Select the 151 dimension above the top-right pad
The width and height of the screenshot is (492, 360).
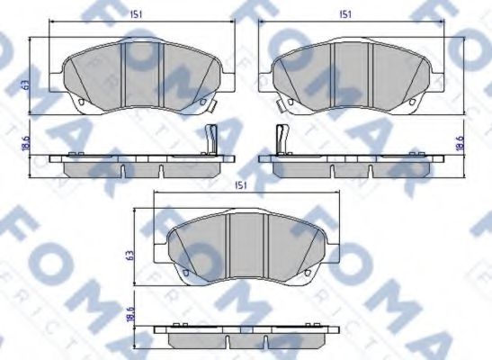click(345, 13)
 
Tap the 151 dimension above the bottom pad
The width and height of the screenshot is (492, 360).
click(240, 184)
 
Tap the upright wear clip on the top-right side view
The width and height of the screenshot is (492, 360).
click(282, 139)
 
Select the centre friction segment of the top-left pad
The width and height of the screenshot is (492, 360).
click(140, 76)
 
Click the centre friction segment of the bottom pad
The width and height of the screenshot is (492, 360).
click(240, 247)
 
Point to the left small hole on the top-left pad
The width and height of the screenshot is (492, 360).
click(80, 102)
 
